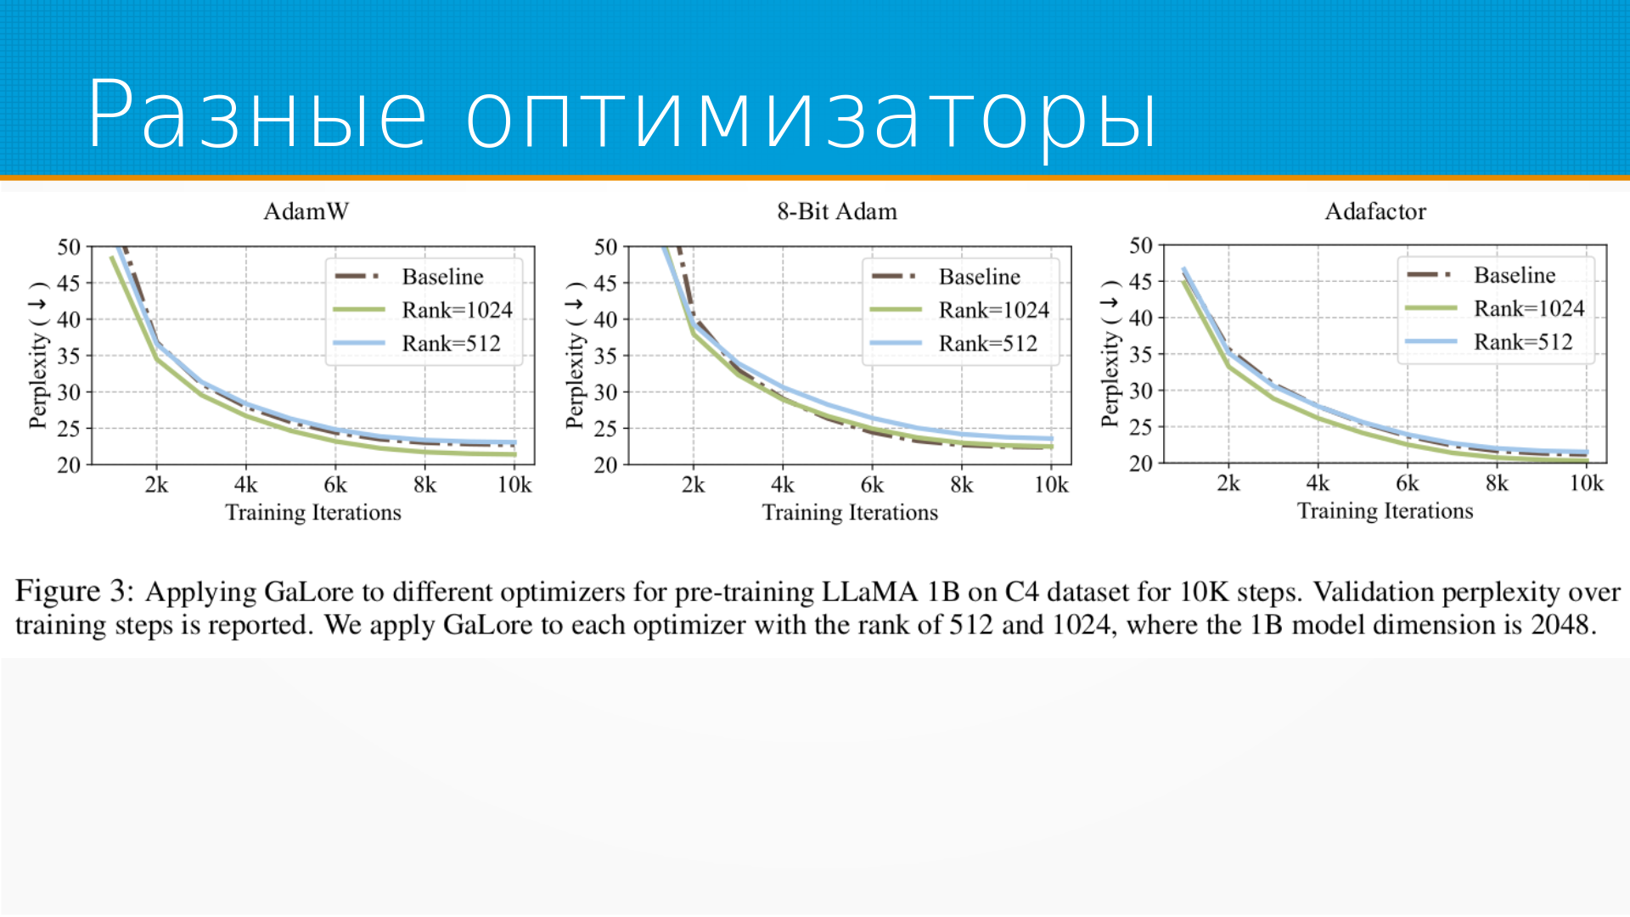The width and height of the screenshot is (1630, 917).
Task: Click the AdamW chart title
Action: click(x=306, y=211)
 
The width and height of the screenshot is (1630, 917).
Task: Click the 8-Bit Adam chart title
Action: click(x=836, y=211)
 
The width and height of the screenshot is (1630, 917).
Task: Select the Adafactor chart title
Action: click(x=1375, y=211)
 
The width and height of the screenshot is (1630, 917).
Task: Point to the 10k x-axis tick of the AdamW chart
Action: click(x=514, y=485)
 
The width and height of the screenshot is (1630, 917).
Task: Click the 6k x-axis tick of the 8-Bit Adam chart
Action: click(x=872, y=485)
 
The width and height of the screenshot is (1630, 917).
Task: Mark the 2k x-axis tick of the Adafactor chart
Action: click(x=1228, y=483)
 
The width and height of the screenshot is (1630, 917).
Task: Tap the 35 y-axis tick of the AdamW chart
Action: click(x=69, y=356)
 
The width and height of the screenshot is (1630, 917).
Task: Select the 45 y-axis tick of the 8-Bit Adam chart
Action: click(x=605, y=283)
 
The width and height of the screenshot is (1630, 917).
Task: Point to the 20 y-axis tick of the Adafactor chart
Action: click(x=1140, y=464)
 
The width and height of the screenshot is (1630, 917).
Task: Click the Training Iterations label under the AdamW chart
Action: click(x=313, y=513)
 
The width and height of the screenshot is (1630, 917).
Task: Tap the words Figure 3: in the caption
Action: click(x=75, y=591)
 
